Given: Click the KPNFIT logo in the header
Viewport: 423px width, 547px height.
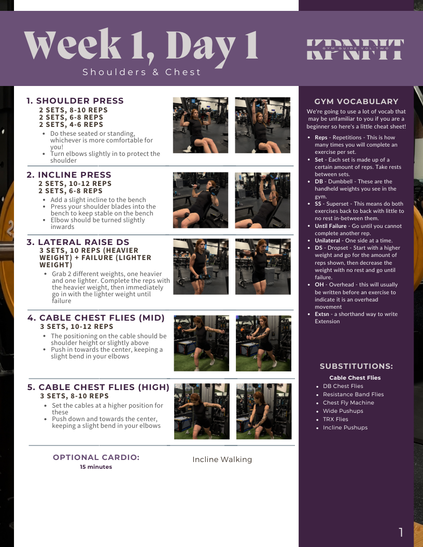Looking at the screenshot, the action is pos(355,50).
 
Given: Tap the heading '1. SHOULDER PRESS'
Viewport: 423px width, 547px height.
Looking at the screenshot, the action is pos(75,101).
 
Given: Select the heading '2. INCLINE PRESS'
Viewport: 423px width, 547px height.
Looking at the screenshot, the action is pos(69,175).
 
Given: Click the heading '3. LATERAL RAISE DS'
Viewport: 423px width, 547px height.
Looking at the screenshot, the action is pos(78,242).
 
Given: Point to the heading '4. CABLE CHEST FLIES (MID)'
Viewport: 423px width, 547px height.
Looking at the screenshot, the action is pos(96,318).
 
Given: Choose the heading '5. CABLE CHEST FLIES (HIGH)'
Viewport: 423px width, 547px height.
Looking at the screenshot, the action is pos(98,387).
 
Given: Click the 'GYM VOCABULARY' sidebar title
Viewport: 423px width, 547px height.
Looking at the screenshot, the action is pos(356,102).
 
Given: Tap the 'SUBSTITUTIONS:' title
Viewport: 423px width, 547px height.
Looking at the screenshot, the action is pos(356,366).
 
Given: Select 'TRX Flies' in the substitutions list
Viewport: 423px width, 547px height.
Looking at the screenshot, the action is pos(335,420).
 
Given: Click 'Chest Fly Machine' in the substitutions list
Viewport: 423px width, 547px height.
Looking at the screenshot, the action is pos(348,402).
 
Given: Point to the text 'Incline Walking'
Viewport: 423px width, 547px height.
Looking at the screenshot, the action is pos(222,459).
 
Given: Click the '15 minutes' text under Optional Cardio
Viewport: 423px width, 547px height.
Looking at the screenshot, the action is pos(96,467).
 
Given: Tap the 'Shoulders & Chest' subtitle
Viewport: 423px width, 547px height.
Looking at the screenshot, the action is pos(142,72).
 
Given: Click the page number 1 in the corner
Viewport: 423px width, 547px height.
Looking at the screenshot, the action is pos(401,532).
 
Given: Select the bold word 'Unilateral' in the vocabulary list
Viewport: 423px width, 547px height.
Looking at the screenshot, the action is pos(328,240).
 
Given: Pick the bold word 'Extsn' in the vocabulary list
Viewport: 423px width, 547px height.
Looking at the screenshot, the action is pos(322,314).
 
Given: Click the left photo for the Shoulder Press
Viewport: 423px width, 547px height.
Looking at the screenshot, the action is pos(201,125).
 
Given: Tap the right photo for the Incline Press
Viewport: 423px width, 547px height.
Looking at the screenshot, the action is pos(262,200).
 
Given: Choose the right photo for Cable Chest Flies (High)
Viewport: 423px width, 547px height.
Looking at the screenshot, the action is pos(264,411).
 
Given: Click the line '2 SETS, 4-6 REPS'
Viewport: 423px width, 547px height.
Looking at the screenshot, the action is pos(71,124).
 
